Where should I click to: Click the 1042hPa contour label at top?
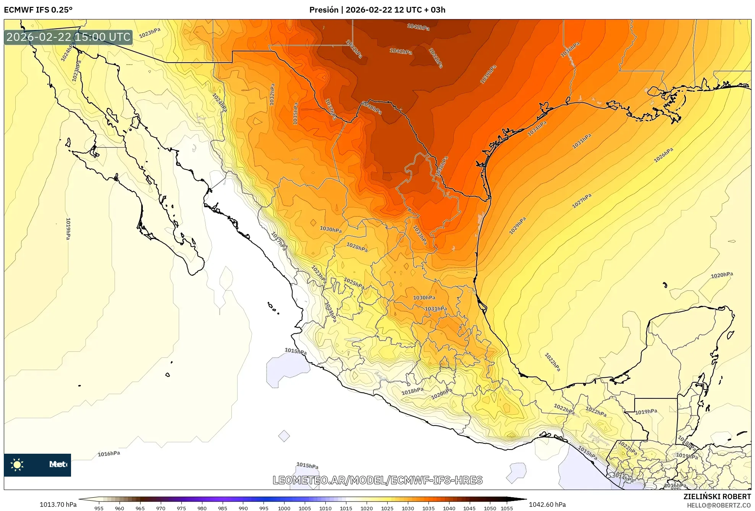[x=418, y=27]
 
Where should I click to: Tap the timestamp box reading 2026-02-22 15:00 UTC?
[x=68, y=37]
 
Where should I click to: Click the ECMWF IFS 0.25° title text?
[x=38, y=10]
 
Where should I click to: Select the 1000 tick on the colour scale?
[x=284, y=508]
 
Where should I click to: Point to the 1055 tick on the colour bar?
[x=507, y=508]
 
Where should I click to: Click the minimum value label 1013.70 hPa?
[x=58, y=505]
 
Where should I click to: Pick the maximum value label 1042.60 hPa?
[x=547, y=505]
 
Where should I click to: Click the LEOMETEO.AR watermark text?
[x=377, y=480]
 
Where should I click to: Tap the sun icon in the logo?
[x=17, y=464]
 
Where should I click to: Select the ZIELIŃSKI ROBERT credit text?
[x=717, y=496]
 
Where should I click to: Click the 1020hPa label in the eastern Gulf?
[x=722, y=275]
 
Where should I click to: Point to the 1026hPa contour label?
[x=663, y=155]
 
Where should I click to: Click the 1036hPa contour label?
[x=570, y=50]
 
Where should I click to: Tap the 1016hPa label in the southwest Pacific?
[x=109, y=454]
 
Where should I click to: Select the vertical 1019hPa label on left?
[x=68, y=229]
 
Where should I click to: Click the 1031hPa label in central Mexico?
[x=436, y=309]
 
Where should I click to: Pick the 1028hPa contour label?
[x=357, y=247]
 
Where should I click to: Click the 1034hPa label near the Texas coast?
[x=537, y=128]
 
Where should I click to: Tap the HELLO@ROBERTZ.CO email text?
[x=719, y=505]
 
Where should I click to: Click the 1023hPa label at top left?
[x=149, y=33]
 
